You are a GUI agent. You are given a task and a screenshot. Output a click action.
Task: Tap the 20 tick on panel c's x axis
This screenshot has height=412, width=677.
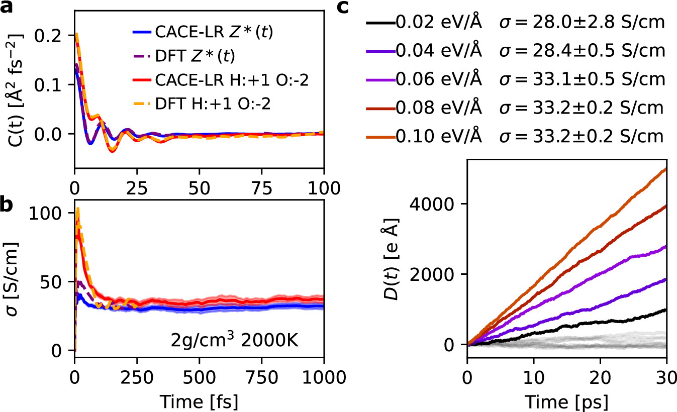click(x=600, y=363)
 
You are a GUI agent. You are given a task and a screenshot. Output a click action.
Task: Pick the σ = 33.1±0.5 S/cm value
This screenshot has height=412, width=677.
click(x=582, y=79)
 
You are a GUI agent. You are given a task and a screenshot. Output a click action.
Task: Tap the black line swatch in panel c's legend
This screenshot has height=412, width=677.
click(x=379, y=23)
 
